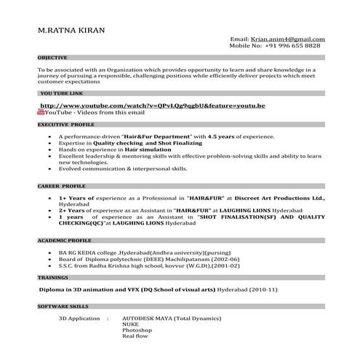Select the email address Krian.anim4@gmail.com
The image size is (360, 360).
point(288,39)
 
